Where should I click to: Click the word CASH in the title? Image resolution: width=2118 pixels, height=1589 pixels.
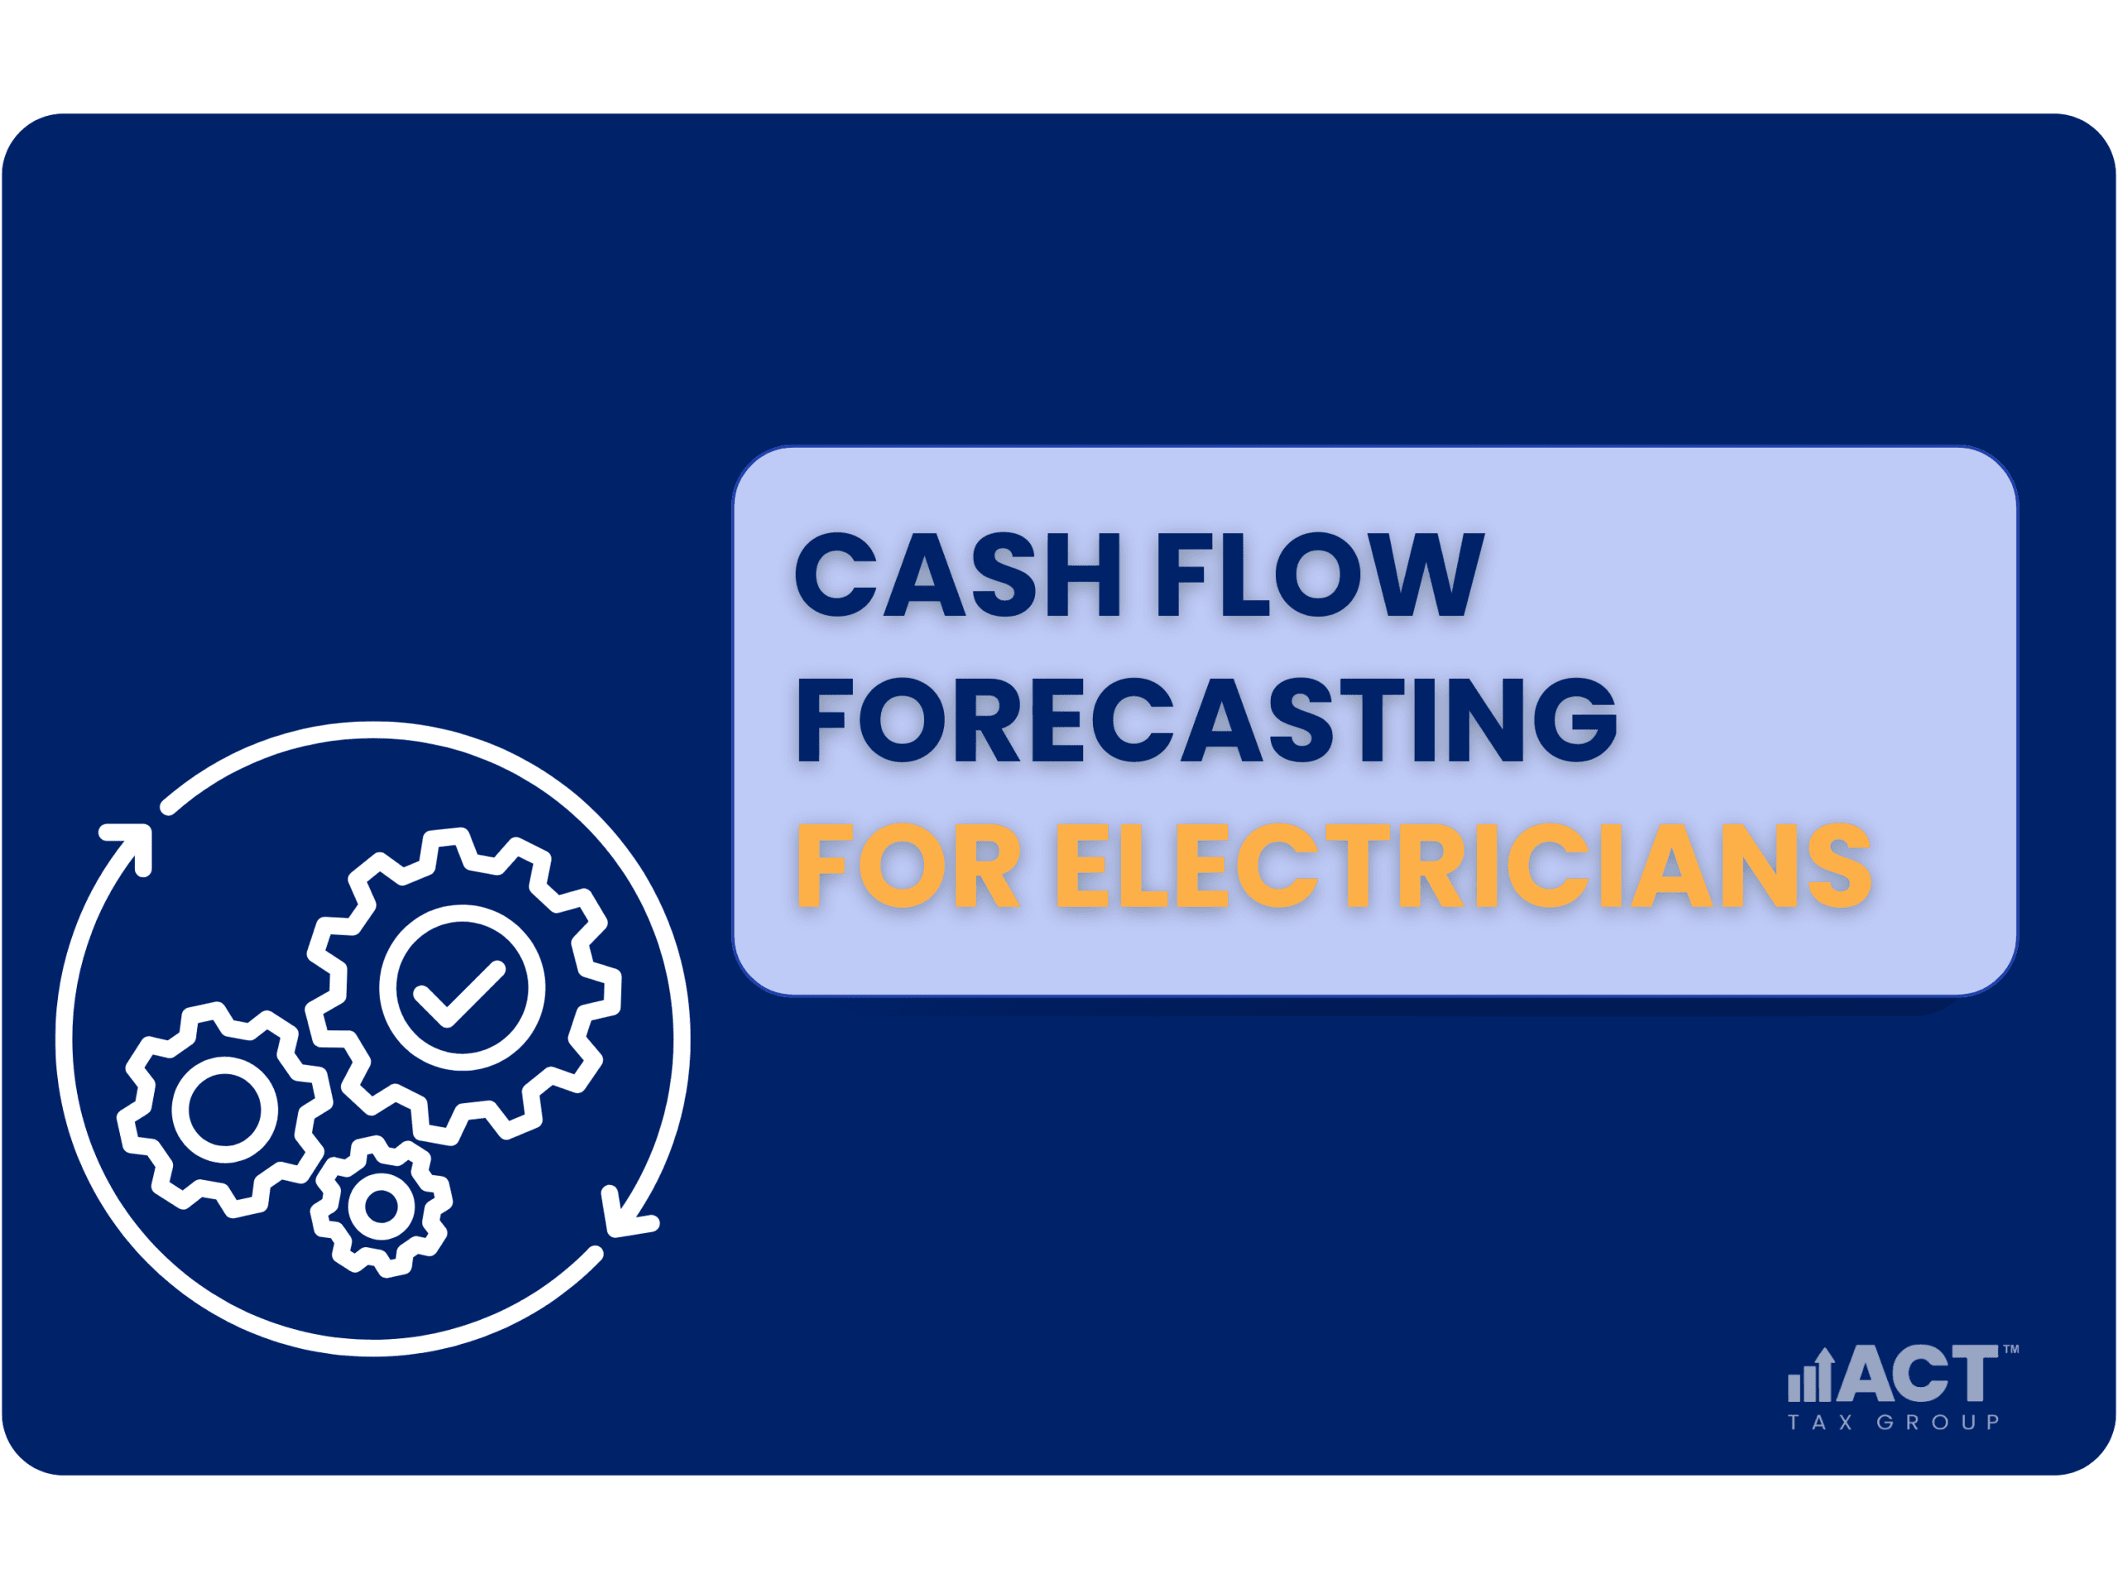[957, 574]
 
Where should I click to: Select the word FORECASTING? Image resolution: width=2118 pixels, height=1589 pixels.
[1207, 719]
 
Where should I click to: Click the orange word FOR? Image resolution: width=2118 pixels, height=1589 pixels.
[908, 865]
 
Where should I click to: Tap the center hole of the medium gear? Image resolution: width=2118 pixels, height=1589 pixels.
[225, 1109]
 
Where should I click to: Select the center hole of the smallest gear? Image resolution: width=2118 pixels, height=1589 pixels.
[381, 1207]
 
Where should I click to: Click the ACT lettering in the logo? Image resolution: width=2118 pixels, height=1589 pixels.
[1916, 1372]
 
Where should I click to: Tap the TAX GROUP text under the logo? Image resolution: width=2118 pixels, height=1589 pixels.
[1893, 1423]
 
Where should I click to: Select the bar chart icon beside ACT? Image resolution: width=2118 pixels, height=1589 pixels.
[1810, 1375]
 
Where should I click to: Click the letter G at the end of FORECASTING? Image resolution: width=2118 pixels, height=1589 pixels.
[1575, 719]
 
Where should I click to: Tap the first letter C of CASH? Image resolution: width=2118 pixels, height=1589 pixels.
[836, 574]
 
